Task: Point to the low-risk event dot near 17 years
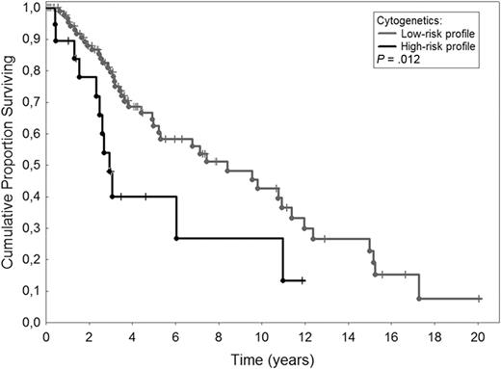pyautogui.click(x=418, y=299)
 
